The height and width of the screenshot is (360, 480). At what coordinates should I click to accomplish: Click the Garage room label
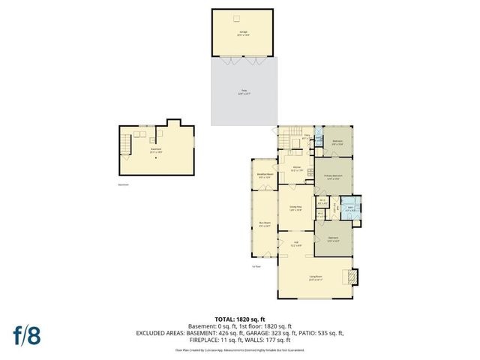tap(244, 33)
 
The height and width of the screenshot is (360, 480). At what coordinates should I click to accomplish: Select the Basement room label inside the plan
tap(155, 149)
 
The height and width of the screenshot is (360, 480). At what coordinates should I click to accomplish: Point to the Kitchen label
tap(297, 169)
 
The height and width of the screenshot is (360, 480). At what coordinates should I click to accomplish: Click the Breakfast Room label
tap(265, 177)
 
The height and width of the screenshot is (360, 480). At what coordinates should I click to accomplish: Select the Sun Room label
tap(264, 224)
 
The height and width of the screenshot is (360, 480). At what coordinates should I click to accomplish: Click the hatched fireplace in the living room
tap(351, 278)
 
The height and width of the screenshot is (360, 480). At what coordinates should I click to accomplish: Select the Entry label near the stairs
tap(307, 136)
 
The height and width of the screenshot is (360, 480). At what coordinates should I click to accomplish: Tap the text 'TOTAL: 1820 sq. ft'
tap(241, 318)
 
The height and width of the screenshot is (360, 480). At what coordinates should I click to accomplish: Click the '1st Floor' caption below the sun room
tap(256, 265)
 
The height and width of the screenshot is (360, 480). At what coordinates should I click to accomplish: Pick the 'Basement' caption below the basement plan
tap(123, 184)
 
